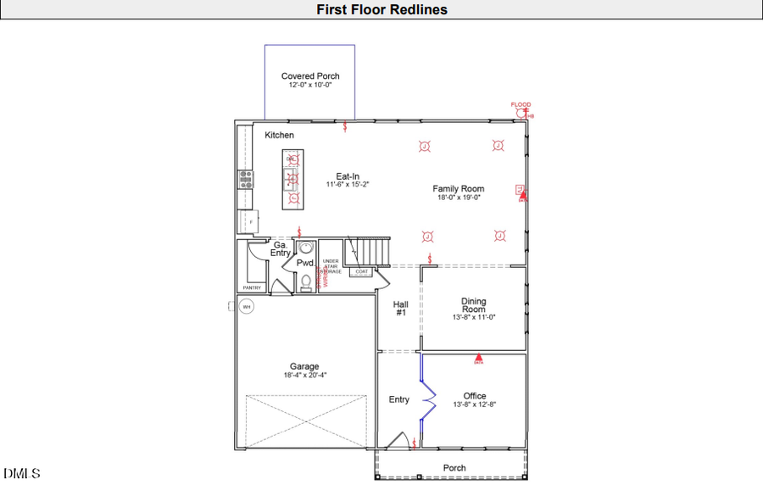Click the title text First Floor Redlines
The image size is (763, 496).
click(x=381, y=10)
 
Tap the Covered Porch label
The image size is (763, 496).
click(x=310, y=76)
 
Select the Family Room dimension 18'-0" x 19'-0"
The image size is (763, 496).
click(x=459, y=198)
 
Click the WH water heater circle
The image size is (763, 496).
click(x=247, y=306)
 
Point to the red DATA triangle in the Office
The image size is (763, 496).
click(x=478, y=358)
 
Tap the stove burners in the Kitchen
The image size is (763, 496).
click(x=246, y=178)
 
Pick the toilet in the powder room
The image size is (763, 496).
click(x=305, y=283)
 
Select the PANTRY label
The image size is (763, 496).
click(x=252, y=287)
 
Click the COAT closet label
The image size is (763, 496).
click(x=362, y=272)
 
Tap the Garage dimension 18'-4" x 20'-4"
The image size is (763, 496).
click(x=304, y=375)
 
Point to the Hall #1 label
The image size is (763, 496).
click(x=401, y=308)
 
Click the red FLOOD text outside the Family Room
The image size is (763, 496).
click(x=521, y=105)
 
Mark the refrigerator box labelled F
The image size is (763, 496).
click(x=251, y=221)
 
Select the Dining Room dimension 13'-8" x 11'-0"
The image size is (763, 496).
click(x=473, y=317)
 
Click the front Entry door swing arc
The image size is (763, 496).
click(x=397, y=441)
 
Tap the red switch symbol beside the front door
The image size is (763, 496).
click(x=414, y=443)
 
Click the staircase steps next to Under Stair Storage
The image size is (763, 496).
click(x=372, y=251)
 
